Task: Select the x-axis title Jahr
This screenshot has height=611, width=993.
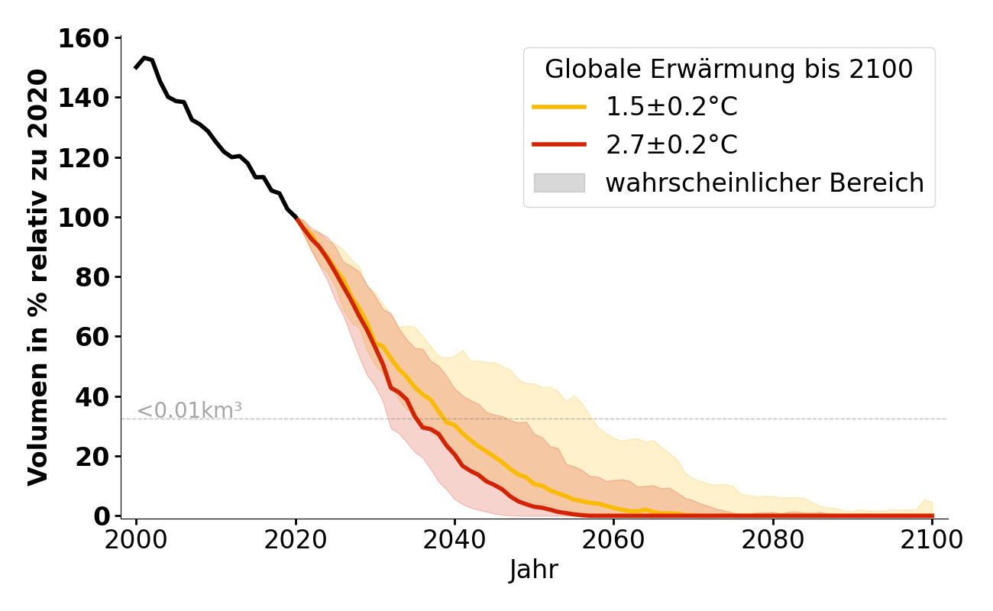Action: click(534, 570)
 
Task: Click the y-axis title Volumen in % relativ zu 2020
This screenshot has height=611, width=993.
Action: click(38, 276)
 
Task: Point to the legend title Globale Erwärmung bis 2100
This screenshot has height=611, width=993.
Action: click(729, 70)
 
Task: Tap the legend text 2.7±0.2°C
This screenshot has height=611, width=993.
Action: click(671, 145)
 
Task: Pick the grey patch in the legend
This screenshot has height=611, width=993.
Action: click(559, 183)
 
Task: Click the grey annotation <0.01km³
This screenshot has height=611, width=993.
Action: click(189, 411)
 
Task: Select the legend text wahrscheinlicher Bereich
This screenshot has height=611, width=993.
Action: click(765, 183)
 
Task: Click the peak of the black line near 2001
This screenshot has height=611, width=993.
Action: click(144, 57)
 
